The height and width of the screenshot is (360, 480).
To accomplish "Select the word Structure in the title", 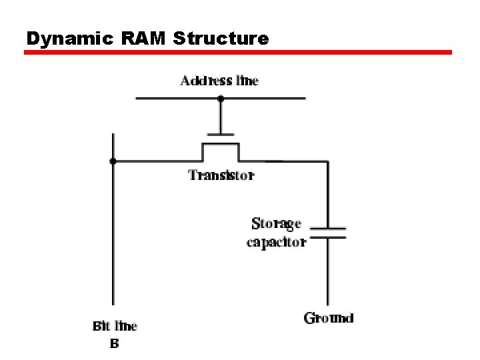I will [221, 39].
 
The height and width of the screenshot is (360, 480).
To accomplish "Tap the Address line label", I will [219, 81].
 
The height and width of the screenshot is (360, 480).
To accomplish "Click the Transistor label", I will [221, 175].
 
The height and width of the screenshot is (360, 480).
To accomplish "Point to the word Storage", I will [276, 223].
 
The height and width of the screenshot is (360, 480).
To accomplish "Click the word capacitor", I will [276, 242].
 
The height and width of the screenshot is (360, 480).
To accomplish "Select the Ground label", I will [328, 318].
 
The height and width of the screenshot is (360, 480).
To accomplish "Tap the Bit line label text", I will [115, 326].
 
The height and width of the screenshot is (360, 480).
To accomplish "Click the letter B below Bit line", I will [114, 344].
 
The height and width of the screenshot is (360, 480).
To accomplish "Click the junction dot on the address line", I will [221, 99].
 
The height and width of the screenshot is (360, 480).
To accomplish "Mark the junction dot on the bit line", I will [113, 161].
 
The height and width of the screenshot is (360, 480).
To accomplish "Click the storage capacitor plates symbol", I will [327, 232].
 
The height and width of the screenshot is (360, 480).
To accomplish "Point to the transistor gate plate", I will [221, 133].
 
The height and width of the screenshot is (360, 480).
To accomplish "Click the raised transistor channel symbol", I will [221, 144].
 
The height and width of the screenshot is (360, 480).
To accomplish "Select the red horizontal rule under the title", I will [238, 52].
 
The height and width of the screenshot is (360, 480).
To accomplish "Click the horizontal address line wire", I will [267, 99].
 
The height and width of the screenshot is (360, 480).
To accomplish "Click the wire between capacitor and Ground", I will [327, 273].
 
